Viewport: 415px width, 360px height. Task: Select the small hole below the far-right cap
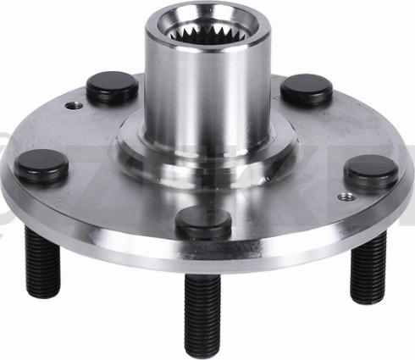tap(344, 197)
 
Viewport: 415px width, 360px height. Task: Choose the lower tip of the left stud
tap(43, 292)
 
